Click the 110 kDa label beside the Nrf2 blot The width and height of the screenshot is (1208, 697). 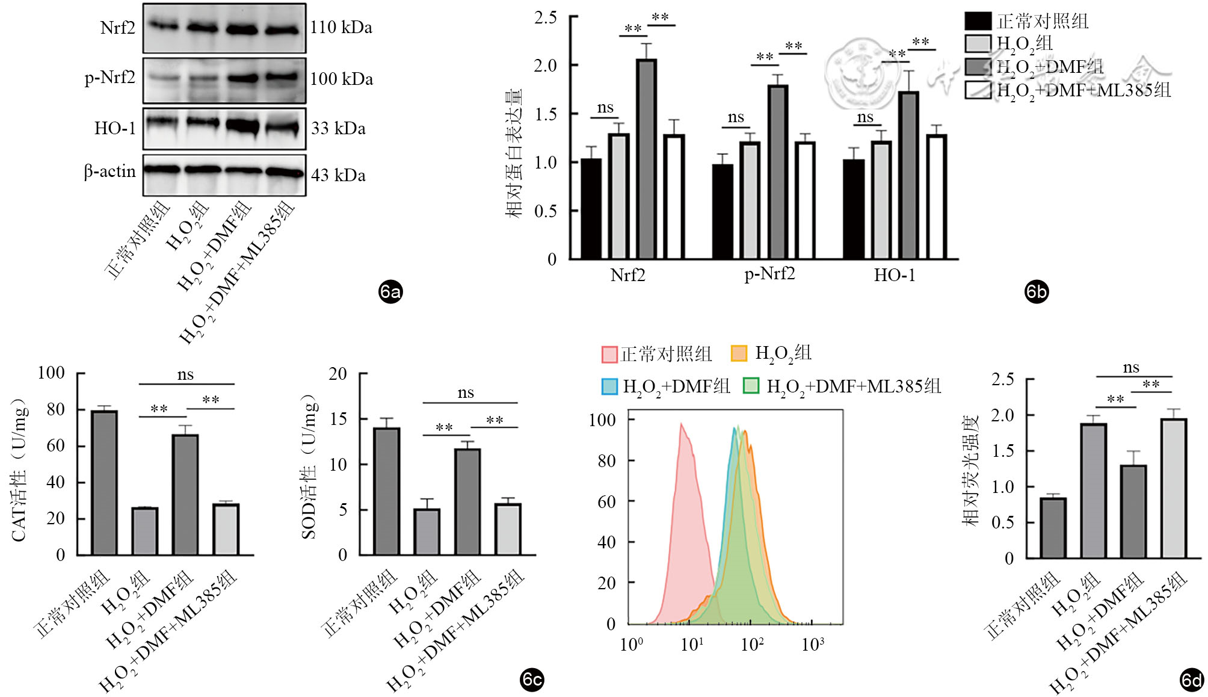point(341,28)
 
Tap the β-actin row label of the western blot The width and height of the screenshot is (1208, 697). point(109,172)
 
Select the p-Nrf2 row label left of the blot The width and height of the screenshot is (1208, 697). point(109,78)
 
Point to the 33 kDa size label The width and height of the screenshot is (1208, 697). point(338,128)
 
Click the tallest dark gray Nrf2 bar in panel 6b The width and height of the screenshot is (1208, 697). point(646,160)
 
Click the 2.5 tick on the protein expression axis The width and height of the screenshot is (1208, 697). point(546,17)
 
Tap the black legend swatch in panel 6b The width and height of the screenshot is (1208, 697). point(978,21)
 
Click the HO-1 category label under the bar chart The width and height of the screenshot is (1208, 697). point(895,276)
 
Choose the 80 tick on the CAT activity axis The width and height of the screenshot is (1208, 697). point(55,410)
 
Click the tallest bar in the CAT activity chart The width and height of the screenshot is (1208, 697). point(104,483)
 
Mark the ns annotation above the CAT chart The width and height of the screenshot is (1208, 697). point(185,375)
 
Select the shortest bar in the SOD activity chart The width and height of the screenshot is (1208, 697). point(427,532)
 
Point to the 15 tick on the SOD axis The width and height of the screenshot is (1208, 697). point(339,419)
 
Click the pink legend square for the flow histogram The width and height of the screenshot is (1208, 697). point(609,354)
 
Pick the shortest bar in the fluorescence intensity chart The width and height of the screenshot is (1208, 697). point(1053,528)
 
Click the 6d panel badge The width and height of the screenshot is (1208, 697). point(1191,680)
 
